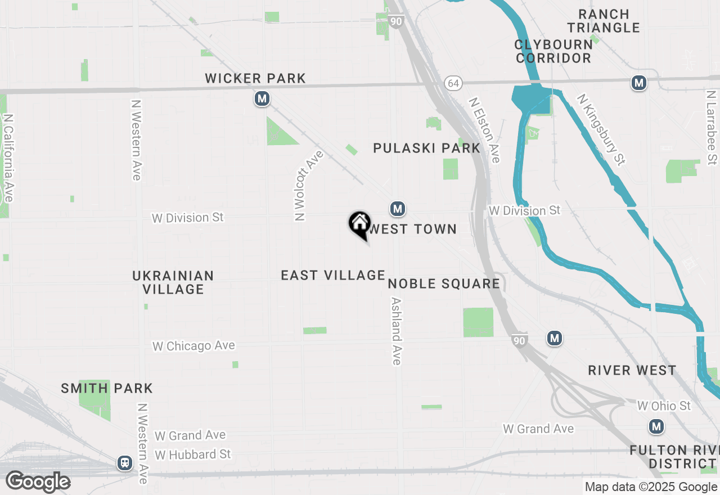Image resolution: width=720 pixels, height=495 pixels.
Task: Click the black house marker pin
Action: pyautogui.click(x=359, y=224)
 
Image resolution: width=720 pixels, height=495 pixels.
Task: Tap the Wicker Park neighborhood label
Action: pyautogui.click(x=255, y=78)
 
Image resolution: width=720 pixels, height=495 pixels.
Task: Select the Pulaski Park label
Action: pyautogui.click(x=427, y=148)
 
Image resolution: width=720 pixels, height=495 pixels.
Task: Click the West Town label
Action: pyautogui.click(x=412, y=229)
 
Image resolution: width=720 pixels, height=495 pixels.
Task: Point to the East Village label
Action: pyautogui.click(x=333, y=275)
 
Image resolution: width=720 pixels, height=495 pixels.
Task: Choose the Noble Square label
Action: pyautogui.click(x=444, y=283)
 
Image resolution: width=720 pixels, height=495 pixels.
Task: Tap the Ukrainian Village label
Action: pyautogui.click(x=173, y=282)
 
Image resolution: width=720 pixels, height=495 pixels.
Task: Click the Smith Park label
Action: pyautogui.click(x=107, y=388)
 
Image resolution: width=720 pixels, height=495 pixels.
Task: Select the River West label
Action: pyautogui.click(x=632, y=370)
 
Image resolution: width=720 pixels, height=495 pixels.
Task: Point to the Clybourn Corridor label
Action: pyautogui.click(x=554, y=51)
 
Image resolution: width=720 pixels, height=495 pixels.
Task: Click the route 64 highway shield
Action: pyautogui.click(x=453, y=83)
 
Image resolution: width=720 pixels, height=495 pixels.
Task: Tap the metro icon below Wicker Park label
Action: pyautogui.click(x=262, y=99)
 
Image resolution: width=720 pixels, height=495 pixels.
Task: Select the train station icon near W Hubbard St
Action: pyautogui.click(x=124, y=463)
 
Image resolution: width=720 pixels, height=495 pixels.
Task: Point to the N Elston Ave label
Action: pyautogui.click(x=484, y=130)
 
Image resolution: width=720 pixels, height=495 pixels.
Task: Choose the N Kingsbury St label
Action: pyautogui.click(x=601, y=130)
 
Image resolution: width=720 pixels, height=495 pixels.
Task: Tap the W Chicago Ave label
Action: pyautogui.click(x=193, y=346)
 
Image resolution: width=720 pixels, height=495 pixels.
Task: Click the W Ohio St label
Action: pyautogui.click(x=664, y=406)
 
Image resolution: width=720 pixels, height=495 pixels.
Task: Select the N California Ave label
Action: pyautogui.click(x=8, y=158)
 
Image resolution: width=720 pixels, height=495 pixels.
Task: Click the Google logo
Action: pyautogui.click(x=38, y=482)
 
